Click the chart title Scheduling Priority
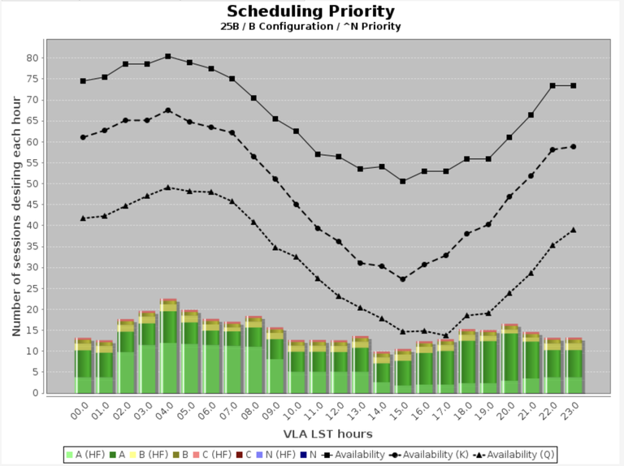pos(310,11)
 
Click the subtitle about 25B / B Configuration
pos(310,27)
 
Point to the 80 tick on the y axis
pos(32,58)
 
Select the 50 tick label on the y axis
pos(32,183)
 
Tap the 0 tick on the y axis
pos(35,393)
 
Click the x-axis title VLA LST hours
pos(311,435)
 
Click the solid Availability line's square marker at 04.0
pos(168,56)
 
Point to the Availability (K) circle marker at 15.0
pos(402,278)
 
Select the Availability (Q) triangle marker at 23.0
pos(574,230)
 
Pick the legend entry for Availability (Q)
pos(511,455)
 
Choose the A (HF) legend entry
pos(84,455)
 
